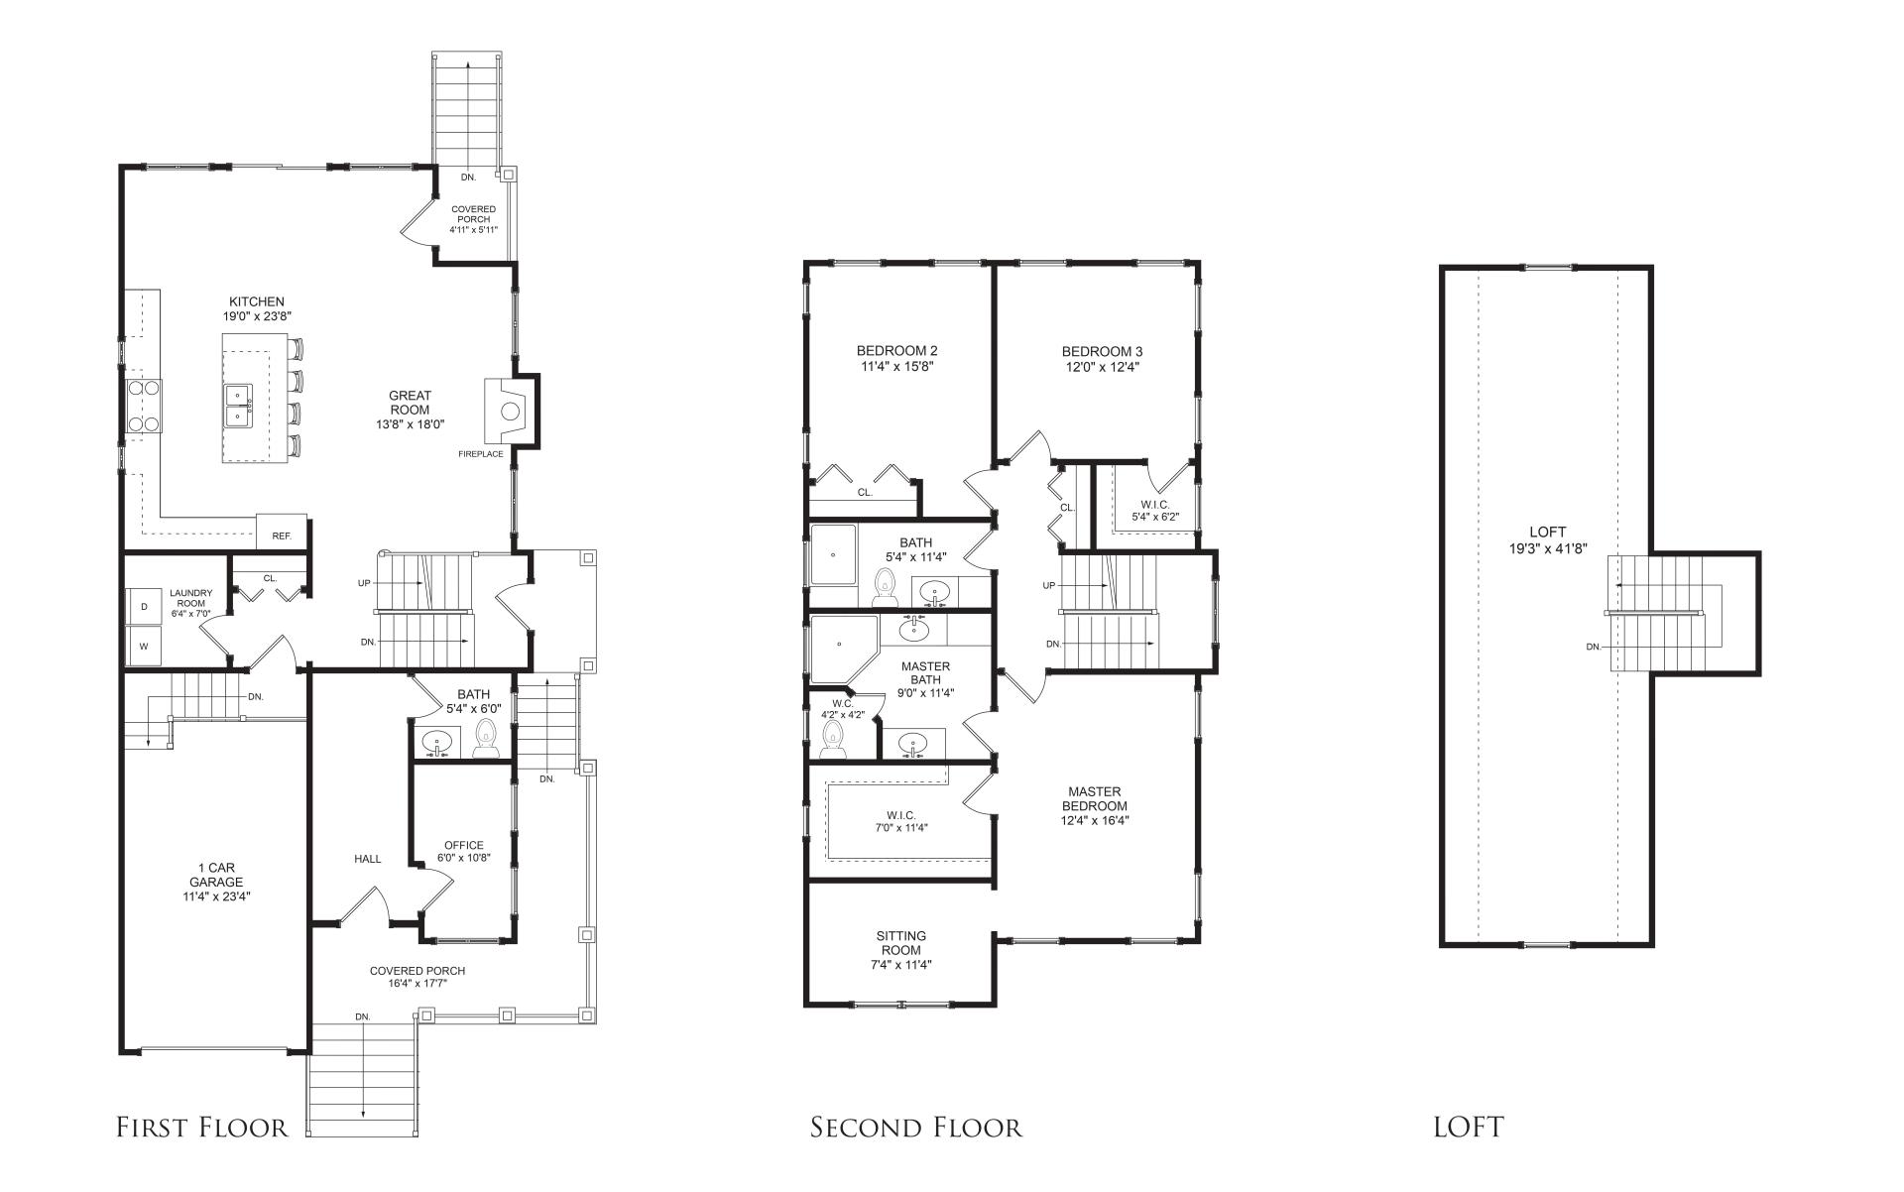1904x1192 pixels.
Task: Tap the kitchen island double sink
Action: tap(238, 406)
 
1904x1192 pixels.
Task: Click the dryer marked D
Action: tap(144, 606)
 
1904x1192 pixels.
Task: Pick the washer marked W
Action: tap(144, 646)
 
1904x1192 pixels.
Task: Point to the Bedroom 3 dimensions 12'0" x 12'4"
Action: tap(1102, 366)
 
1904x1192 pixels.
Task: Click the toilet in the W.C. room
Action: tap(833, 740)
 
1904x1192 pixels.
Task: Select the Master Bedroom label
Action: tap(1095, 798)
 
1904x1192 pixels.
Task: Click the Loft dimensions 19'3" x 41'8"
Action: tap(1546, 546)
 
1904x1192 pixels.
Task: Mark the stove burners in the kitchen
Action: tap(144, 406)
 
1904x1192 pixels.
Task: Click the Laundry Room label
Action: tap(190, 598)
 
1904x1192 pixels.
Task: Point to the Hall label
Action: tap(367, 859)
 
